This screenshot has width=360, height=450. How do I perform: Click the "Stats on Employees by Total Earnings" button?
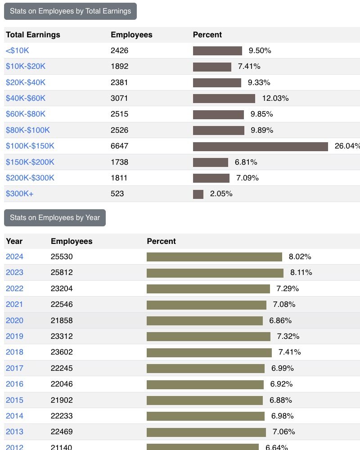click(x=70, y=11)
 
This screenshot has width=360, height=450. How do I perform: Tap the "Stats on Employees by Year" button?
click(x=55, y=218)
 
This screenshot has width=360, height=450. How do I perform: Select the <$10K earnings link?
click(x=18, y=50)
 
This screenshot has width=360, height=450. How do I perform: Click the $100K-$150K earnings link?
click(x=30, y=146)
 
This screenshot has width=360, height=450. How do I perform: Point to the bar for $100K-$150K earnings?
click(x=260, y=146)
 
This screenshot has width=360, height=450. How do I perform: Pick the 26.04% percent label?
click(x=347, y=146)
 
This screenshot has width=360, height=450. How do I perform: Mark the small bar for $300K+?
click(x=198, y=194)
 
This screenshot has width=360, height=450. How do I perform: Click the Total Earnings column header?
click(x=33, y=35)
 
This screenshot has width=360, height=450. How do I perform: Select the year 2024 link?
click(x=14, y=256)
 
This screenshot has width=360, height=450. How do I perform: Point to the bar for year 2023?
click(x=215, y=273)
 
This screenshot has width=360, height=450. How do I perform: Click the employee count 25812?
click(x=62, y=272)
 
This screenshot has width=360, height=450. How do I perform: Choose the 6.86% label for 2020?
click(x=280, y=320)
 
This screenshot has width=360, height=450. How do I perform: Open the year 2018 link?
click(x=14, y=352)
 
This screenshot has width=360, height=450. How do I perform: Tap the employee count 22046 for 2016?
click(x=62, y=384)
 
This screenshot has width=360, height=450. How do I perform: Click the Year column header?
click(x=14, y=241)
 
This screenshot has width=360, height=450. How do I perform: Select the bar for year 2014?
click(x=206, y=416)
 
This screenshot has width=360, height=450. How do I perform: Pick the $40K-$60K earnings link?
click(x=26, y=98)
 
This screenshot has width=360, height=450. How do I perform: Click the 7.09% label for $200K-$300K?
click(x=247, y=178)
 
